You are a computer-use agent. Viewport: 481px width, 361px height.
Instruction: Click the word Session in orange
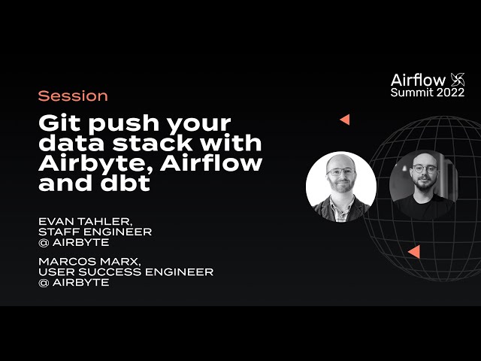pos(73,96)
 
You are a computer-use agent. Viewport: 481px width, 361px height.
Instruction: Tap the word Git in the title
pos(58,123)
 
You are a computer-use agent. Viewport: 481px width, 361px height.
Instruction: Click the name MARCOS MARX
pos(84,261)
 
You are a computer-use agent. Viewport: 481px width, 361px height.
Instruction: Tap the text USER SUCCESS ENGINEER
pos(125,272)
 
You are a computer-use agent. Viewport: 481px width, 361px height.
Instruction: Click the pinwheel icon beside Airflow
pos(457,80)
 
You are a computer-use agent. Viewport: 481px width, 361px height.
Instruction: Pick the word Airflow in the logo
pos(418,80)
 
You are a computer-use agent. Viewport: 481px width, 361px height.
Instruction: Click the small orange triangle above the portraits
pos(344,120)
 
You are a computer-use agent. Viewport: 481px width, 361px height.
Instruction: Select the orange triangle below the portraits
pos(413,251)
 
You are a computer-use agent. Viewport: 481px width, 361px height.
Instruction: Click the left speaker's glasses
pos(340,171)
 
